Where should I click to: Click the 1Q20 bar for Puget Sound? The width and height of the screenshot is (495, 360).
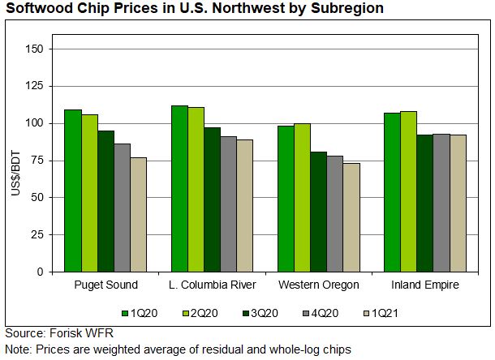coord(73,191)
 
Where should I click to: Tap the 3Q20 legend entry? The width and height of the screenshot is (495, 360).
coord(252,312)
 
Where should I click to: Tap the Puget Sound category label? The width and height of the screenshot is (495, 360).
coord(105,285)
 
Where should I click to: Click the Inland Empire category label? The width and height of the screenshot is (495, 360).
coord(424,285)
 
